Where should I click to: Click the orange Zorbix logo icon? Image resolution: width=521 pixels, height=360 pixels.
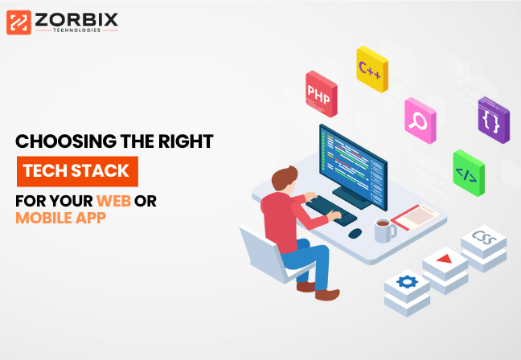pyautogui.click(x=18, y=22)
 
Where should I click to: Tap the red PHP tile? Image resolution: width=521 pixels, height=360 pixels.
pyautogui.click(x=322, y=94)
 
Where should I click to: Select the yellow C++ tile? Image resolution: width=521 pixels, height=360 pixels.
pyautogui.click(x=372, y=69)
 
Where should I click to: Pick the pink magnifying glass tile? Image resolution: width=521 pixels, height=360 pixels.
pyautogui.click(x=420, y=121)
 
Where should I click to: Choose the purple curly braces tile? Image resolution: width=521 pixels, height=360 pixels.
pyautogui.click(x=494, y=120)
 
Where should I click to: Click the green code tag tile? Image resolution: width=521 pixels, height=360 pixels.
pyautogui.click(x=469, y=173)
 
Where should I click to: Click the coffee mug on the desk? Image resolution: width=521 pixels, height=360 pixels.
pyautogui.click(x=384, y=230)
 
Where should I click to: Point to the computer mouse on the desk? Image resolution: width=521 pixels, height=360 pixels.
pyautogui.click(x=355, y=233)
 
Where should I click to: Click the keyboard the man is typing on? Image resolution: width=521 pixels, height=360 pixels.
pyautogui.click(x=331, y=211)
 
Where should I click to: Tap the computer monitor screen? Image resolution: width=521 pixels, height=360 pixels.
pyautogui.click(x=353, y=167)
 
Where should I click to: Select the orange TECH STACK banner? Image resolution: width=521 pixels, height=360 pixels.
pyautogui.click(x=77, y=171)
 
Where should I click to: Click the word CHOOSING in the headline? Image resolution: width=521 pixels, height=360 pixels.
pyautogui.click(x=66, y=141)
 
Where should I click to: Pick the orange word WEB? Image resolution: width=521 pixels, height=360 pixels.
pyautogui.click(x=113, y=201)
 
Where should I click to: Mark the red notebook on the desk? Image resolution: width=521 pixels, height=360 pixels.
pyautogui.click(x=416, y=218)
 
